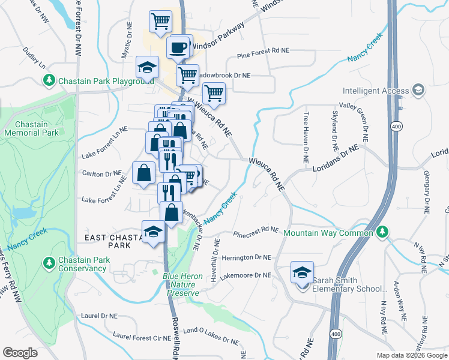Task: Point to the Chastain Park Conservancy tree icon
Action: click(x=49, y=263)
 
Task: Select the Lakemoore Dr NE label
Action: click(x=249, y=275)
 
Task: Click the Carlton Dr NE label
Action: click(x=102, y=175)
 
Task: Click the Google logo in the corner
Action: click(x=20, y=353)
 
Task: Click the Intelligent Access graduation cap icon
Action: click(x=419, y=91)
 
